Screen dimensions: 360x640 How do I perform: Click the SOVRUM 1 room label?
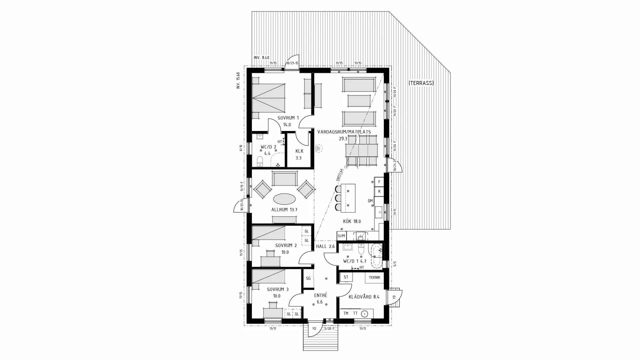[x=288, y=118]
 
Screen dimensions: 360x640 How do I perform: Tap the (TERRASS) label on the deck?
[x=421, y=83]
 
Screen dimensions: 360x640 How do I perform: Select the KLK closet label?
[x=299, y=151]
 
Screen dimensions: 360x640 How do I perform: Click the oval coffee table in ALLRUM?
[x=284, y=199]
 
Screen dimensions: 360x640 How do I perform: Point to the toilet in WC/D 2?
[x=260, y=161]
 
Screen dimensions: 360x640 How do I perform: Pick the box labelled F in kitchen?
[x=379, y=182]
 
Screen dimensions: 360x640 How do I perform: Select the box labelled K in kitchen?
[x=379, y=191]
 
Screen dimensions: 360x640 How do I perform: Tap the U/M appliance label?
[x=341, y=236]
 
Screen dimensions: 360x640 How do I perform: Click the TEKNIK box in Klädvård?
[x=375, y=277]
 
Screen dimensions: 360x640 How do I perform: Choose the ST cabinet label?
[x=346, y=277]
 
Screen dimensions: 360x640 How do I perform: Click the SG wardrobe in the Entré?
[x=308, y=279]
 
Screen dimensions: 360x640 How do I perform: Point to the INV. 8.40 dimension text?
[x=261, y=58]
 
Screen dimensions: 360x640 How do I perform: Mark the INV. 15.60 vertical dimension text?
[x=238, y=81]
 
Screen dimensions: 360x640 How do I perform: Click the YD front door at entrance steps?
[x=314, y=328]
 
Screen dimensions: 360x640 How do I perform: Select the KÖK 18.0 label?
[x=352, y=221]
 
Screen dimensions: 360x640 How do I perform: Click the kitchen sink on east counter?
[x=379, y=212]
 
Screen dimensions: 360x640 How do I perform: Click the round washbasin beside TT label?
[x=365, y=314]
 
